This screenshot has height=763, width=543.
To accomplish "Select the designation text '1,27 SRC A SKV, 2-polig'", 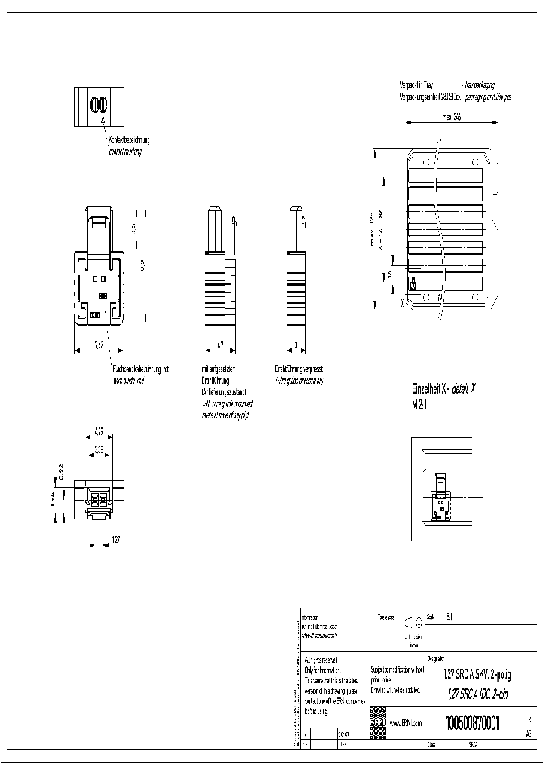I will [477, 676].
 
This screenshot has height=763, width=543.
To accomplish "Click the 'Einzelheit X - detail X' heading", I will [443, 389].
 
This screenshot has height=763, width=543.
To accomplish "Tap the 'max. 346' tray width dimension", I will [450, 117].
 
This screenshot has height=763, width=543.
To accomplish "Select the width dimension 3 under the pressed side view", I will [296, 344].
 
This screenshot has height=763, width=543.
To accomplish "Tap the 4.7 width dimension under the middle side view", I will [219, 344].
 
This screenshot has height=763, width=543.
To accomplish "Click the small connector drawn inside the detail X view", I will [440, 498].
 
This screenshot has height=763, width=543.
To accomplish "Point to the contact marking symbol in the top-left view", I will [97, 106].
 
